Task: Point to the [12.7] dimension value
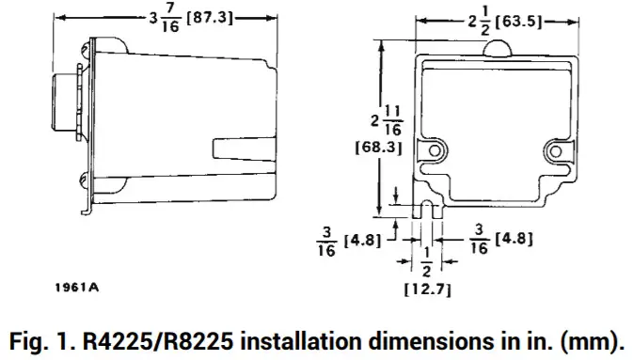coord(429,290)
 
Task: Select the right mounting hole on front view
coord(557,150)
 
